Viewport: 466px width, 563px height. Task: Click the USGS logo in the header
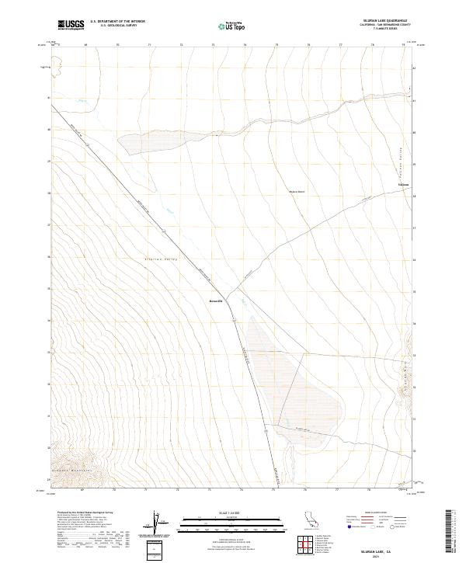[71, 26]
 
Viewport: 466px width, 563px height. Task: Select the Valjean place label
[403, 185]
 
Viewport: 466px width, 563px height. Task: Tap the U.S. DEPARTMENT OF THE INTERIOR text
[117, 22]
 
